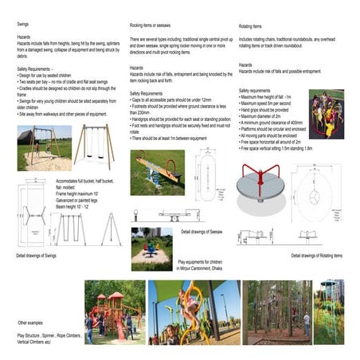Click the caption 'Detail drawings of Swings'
pos(36,256)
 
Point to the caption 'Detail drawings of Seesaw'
pos(201,232)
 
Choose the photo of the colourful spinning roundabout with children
pos(327,114)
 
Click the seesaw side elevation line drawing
pos(158,214)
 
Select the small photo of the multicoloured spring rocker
pos(151,250)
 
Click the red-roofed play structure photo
pos(114,311)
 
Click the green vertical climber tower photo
pos(328,311)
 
